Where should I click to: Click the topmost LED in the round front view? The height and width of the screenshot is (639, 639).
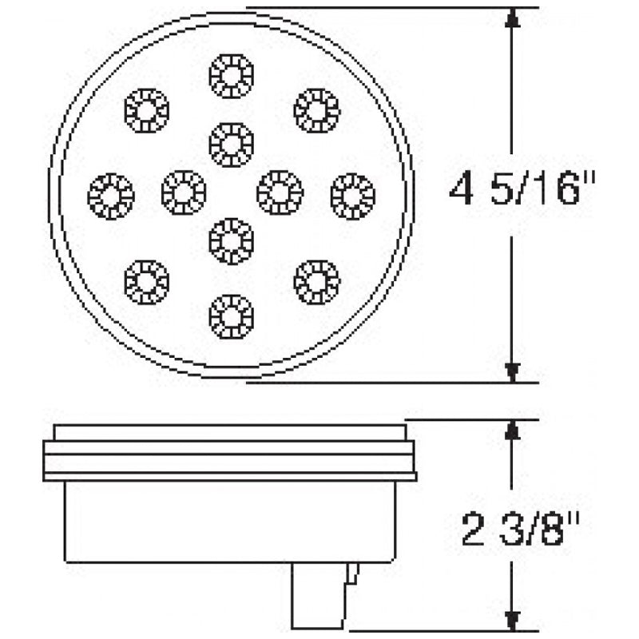(231, 75)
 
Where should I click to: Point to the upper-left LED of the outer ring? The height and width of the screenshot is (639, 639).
(148, 109)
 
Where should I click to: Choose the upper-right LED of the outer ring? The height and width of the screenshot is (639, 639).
(316, 109)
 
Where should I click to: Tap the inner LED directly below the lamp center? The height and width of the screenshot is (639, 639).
(231, 240)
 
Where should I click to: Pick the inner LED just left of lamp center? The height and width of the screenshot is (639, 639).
(183, 192)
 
